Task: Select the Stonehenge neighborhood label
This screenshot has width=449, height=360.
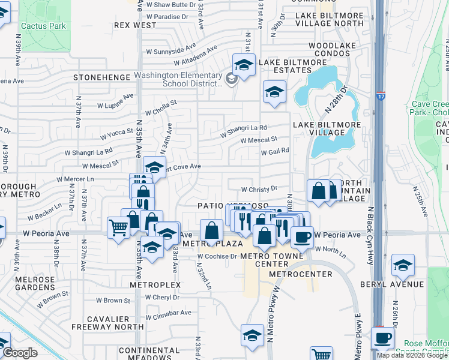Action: [101, 77]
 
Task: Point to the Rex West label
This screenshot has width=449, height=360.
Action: [135, 25]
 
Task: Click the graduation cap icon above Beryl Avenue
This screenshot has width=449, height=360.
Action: [402, 265]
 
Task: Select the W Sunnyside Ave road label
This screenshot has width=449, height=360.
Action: [174, 47]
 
